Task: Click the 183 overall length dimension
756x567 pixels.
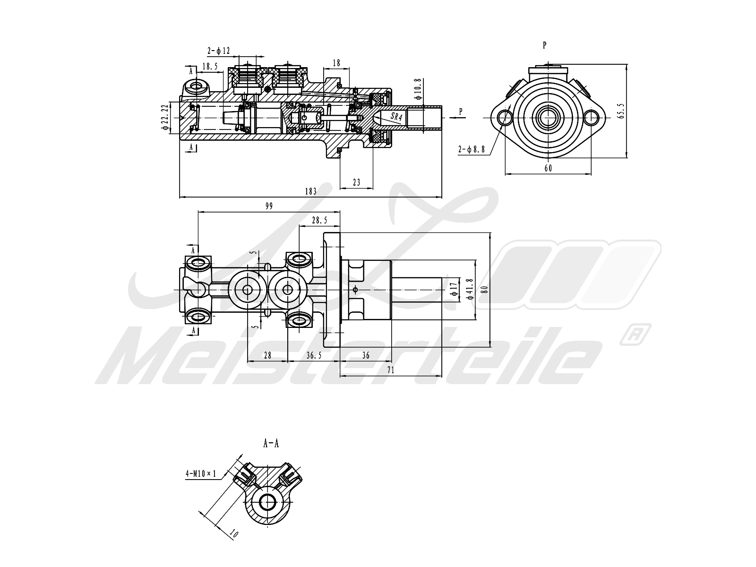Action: pos(310,191)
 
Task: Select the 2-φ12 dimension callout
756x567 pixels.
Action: pos(218,50)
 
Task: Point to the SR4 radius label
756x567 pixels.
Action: pos(396,117)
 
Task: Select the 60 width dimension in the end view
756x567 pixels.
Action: pos(548,168)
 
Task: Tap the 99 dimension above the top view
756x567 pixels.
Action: pos(269,206)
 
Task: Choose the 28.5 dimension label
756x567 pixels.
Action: pos(320,220)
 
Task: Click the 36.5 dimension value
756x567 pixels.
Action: pos(314,355)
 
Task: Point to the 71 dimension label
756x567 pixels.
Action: pos(390,370)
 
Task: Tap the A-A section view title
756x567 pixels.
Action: pos(271,443)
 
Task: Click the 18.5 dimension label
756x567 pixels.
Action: pos(210,67)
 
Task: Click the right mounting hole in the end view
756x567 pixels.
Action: pos(592,117)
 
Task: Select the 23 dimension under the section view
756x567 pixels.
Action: pos(356,182)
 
